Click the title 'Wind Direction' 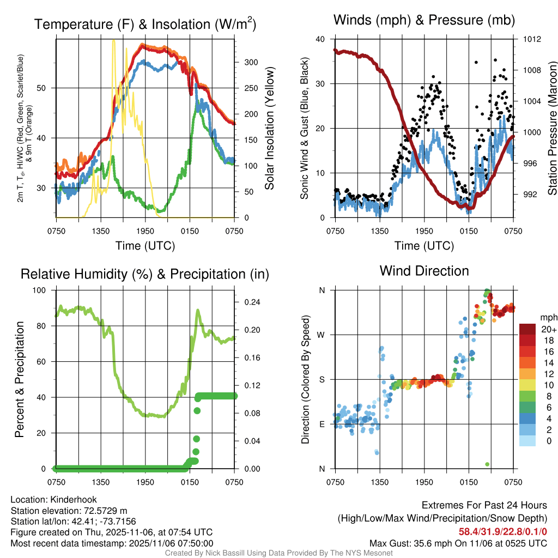pyautogui.click(x=424, y=271)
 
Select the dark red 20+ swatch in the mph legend pyautogui.click(x=527, y=329)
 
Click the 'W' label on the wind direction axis pyautogui.click(x=322, y=335)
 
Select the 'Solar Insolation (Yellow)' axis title pyautogui.click(x=269, y=129)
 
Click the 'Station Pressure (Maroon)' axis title pyautogui.click(x=551, y=129)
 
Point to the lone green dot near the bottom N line pyautogui.click(x=487, y=464)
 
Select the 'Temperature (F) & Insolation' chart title pyautogui.click(x=145, y=25)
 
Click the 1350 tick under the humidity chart pyautogui.click(x=101, y=482)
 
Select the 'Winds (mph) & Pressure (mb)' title pyautogui.click(x=424, y=21)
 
